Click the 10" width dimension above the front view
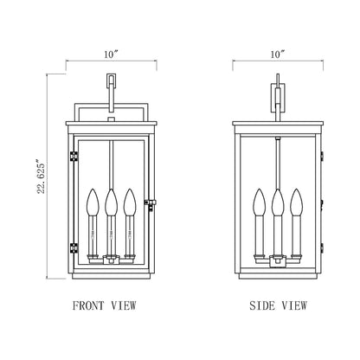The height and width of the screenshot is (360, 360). coord(110,55)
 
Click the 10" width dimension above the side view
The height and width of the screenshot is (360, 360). coord(276,55)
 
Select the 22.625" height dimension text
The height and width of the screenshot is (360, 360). coord(32,177)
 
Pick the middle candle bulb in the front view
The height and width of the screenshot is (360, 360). coord(110,204)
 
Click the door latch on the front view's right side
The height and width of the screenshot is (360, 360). coord(151,203)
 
